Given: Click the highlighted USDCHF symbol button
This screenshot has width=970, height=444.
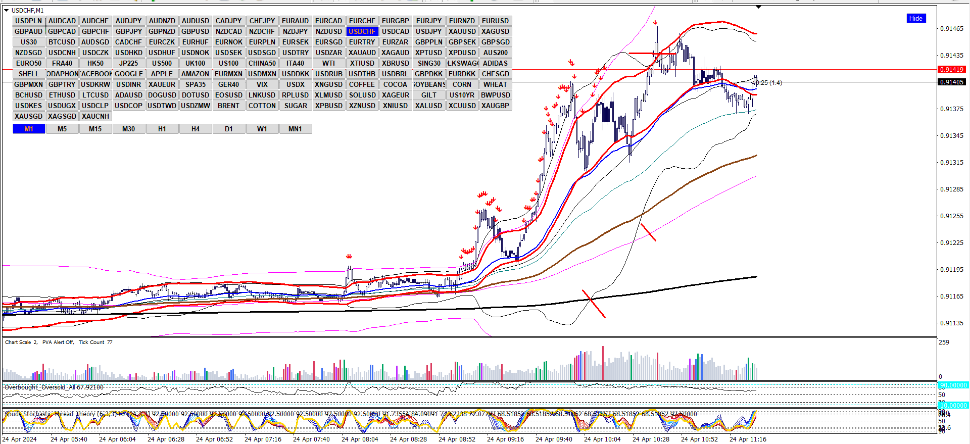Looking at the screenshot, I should pos(362,31).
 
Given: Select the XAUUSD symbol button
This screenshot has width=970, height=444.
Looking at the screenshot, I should pos(462,31).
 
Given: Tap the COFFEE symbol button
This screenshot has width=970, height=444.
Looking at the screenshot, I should pos(362,84).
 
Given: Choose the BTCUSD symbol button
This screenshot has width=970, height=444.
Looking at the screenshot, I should pos(62,42).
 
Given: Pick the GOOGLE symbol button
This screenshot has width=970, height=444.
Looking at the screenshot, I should pos(129,74).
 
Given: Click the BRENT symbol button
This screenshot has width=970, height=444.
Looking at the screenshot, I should pos(229,106).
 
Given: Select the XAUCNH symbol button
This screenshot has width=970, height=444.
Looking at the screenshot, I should pos(95,116).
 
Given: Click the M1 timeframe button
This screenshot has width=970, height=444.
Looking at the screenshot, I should pos(29,129).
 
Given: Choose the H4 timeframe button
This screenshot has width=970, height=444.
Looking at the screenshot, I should pos(196,129).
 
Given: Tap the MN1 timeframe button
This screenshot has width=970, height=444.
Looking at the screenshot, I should pos(295,129).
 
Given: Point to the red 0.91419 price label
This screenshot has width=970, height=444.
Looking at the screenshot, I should pos(951,70).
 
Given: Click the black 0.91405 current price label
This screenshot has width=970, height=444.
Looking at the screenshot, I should pos(951,82).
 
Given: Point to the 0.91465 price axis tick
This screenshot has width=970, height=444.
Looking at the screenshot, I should pos(951,29).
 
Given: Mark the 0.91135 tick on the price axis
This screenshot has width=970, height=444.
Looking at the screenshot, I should pos(951,323).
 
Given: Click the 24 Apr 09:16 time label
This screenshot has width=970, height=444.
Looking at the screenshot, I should pos(505,439).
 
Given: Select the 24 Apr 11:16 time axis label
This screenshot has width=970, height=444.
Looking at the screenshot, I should pos(748,439).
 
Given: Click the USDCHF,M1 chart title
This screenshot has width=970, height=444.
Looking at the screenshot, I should pos(27,10).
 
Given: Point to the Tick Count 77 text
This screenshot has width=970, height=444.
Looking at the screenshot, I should pos(95,342).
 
